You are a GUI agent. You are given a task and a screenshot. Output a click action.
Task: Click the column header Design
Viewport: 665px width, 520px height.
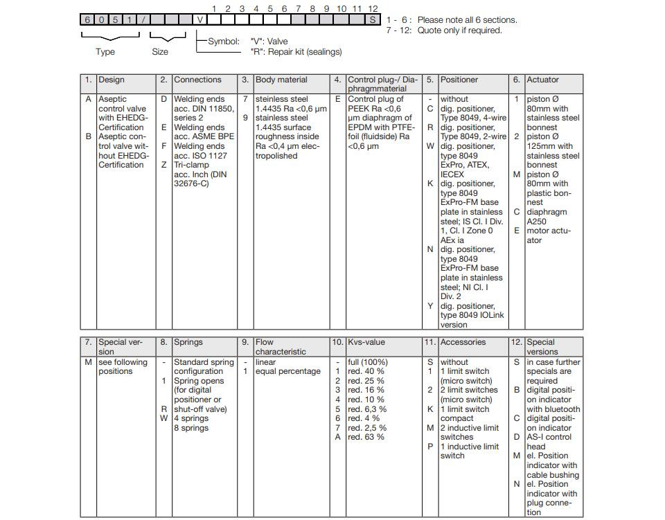112,80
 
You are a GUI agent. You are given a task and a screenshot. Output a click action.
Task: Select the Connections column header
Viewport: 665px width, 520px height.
197,80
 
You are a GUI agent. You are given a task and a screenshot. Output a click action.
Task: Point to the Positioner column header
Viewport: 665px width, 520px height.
459,80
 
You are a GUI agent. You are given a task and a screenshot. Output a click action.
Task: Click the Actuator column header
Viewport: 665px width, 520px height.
542,80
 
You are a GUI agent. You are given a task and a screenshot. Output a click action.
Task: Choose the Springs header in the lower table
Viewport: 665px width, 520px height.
188,342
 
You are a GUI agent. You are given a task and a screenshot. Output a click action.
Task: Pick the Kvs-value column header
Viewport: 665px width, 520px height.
366,342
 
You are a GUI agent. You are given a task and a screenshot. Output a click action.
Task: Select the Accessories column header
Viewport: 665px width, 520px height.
463,342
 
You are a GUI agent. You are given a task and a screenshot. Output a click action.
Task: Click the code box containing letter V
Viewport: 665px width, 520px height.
200,19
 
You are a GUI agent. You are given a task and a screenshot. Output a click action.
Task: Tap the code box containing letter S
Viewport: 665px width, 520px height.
373,19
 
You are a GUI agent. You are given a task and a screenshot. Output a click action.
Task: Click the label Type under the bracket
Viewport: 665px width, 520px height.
105,52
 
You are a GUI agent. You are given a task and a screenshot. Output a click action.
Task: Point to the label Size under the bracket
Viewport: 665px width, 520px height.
160,52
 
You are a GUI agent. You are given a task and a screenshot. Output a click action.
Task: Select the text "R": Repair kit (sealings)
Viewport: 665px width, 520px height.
296,52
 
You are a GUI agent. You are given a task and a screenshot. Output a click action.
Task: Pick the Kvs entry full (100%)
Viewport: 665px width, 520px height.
367,362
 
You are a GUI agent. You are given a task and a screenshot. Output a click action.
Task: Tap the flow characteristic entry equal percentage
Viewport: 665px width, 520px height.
287,371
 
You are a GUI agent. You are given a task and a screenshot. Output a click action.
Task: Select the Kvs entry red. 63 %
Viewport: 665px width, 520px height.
365,437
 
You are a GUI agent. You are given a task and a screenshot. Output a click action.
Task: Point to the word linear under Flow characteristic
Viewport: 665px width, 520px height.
265,362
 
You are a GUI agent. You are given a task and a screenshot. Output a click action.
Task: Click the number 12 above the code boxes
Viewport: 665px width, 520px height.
373,8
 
